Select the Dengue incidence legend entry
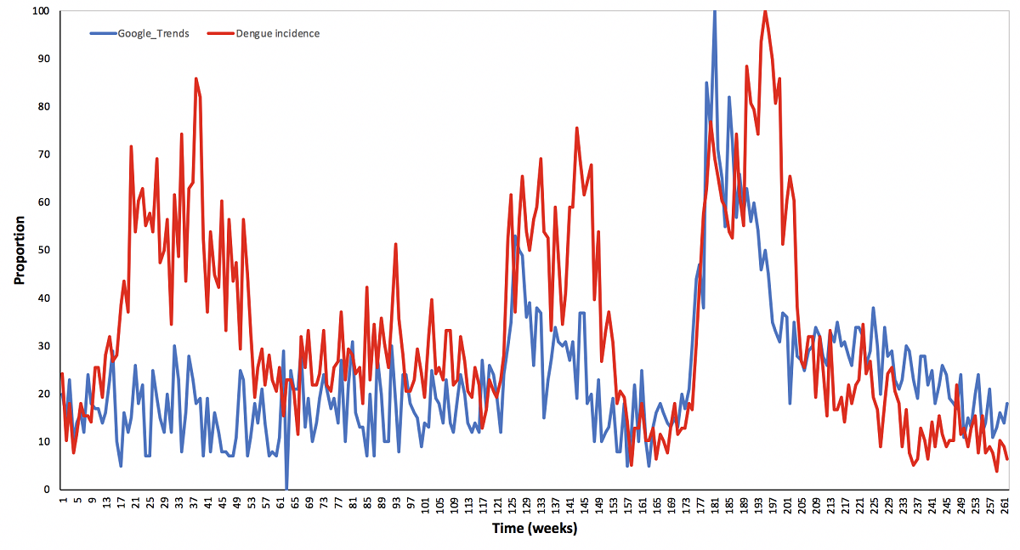tap(277, 34)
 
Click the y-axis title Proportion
tap(19, 250)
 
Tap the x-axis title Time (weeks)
tap(535, 529)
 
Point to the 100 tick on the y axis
tap(41, 11)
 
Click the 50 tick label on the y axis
tap(43, 250)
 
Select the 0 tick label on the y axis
tap(47, 490)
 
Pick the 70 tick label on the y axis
tap(43, 155)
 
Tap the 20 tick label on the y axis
tap(43, 394)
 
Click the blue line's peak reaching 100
tap(715, 11)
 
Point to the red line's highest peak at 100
tap(766, 11)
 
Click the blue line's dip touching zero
tap(286, 489)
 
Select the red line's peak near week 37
tap(195, 78)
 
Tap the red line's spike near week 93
tap(396, 244)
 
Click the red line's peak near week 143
tap(577, 128)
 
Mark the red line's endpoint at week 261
tap(1007, 460)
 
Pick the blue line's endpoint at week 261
tap(1007, 404)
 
